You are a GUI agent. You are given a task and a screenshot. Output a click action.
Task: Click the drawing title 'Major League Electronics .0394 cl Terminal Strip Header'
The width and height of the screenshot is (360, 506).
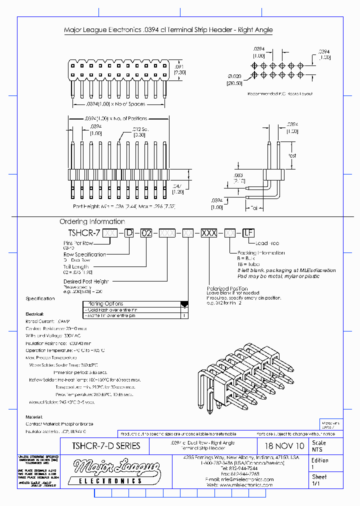pyautogui.click(x=168, y=30)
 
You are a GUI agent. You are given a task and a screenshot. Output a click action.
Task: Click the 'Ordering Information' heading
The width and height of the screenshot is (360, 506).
pyautogui.click(x=92, y=221)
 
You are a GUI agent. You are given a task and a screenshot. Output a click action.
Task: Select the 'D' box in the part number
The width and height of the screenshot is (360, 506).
pyautogui.click(x=129, y=232)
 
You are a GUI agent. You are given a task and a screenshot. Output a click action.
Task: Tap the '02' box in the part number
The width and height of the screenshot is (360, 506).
pyautogui.click(x=145, y=232)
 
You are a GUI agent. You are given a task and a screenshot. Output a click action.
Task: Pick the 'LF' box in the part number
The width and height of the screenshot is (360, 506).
pyautogui.click(x=248, y=232)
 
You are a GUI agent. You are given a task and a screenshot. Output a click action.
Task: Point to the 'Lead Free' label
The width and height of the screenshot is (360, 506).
pyautogui.click(x=267, y=243)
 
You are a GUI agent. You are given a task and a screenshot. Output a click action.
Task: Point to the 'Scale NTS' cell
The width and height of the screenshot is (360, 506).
pyautogui.click(x=325, y=446)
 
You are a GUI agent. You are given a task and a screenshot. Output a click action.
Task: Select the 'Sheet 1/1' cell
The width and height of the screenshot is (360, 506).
pyautogui.click(x=325, y=480)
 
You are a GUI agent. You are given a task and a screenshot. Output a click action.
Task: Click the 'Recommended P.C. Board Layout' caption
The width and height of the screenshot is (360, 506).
pyautogui.click(x=279, y=94)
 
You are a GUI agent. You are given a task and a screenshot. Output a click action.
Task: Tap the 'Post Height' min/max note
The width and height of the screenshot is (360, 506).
pyautogui.click(x=123, y=206)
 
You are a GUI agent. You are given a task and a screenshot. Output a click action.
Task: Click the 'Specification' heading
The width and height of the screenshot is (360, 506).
pyautogui.click(x=40, y=298)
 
